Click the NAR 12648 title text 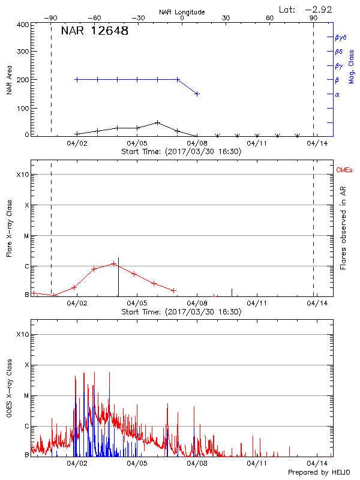[95, 31]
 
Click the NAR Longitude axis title [182, 12]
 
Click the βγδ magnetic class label [340, 37]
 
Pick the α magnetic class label [337, 94]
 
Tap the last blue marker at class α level [197, 94]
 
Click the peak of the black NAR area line [157, 122]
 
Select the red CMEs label [344, 171]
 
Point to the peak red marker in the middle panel [113, 264]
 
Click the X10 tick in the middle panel [23, 175]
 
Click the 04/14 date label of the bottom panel [317, 464]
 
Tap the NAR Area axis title [9, 80]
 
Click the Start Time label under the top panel [181, 152]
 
